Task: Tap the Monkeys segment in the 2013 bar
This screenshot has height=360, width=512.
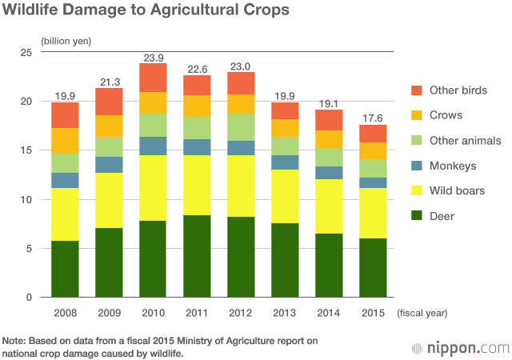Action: click(x=286, y=162)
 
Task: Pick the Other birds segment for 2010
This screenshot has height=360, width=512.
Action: click(x=154, y=78)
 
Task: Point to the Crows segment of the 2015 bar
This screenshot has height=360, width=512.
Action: click(x=373, y=151)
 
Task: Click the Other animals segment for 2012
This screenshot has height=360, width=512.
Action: click(x=242, y=127)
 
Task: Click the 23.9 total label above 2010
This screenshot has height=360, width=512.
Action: click(x=154, y=58)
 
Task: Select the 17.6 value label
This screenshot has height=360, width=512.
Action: click(x=373, y=119)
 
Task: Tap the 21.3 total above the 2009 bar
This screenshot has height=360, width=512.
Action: click(x=110, y=82)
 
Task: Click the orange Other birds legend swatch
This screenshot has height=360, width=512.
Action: click(x=415, y=90)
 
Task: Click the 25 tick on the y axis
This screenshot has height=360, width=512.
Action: click(x=26, y=53)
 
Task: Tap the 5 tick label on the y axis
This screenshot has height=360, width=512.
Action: click(x=29, y=248)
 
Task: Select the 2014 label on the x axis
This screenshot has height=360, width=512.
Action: click(x=330, y=312)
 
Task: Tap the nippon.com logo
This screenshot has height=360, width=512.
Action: click(x=460, y=348)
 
